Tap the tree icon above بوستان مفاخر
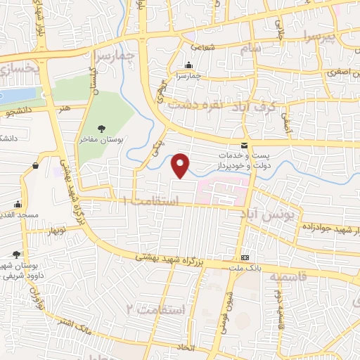102,128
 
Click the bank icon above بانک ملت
245,257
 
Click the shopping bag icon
35,166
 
